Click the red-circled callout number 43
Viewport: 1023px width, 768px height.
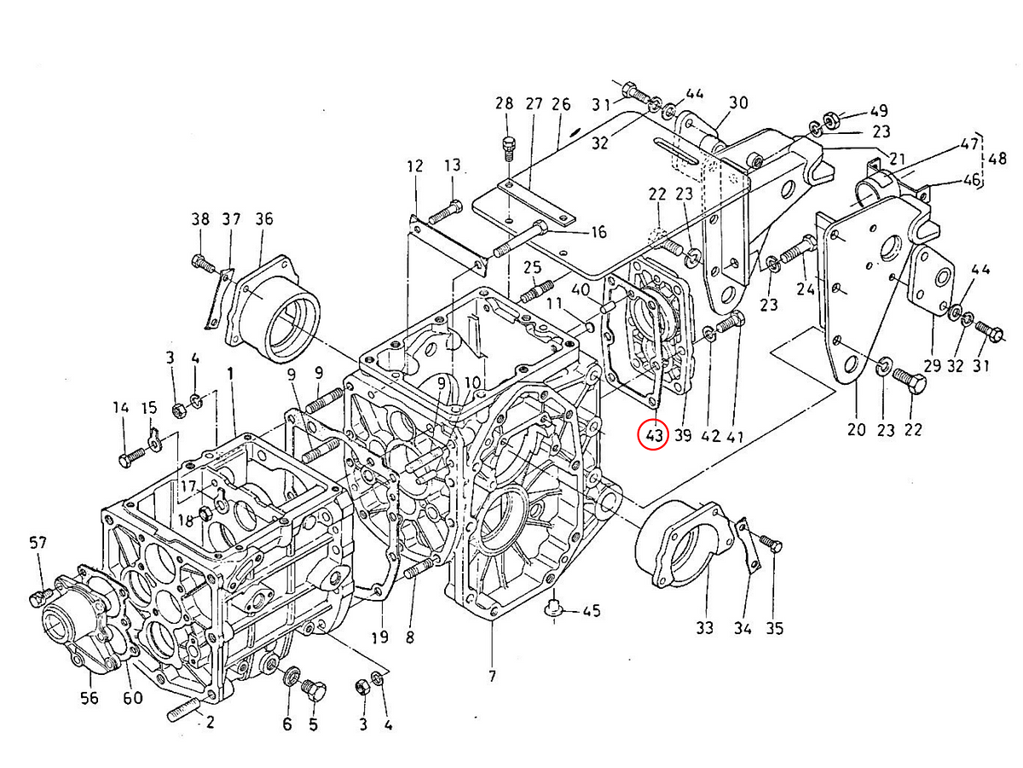(x=653, y=435)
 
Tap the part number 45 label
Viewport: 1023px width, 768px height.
(x=591, y=610)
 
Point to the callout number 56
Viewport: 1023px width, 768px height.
(x=90, y=698)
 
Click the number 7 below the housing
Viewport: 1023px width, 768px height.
(x=492, y=675)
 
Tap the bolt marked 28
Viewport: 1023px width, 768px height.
(x=509, y=148)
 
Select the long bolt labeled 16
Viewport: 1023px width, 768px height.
(x=521, y=240)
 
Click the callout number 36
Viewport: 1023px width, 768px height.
(x=264, y=218)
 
